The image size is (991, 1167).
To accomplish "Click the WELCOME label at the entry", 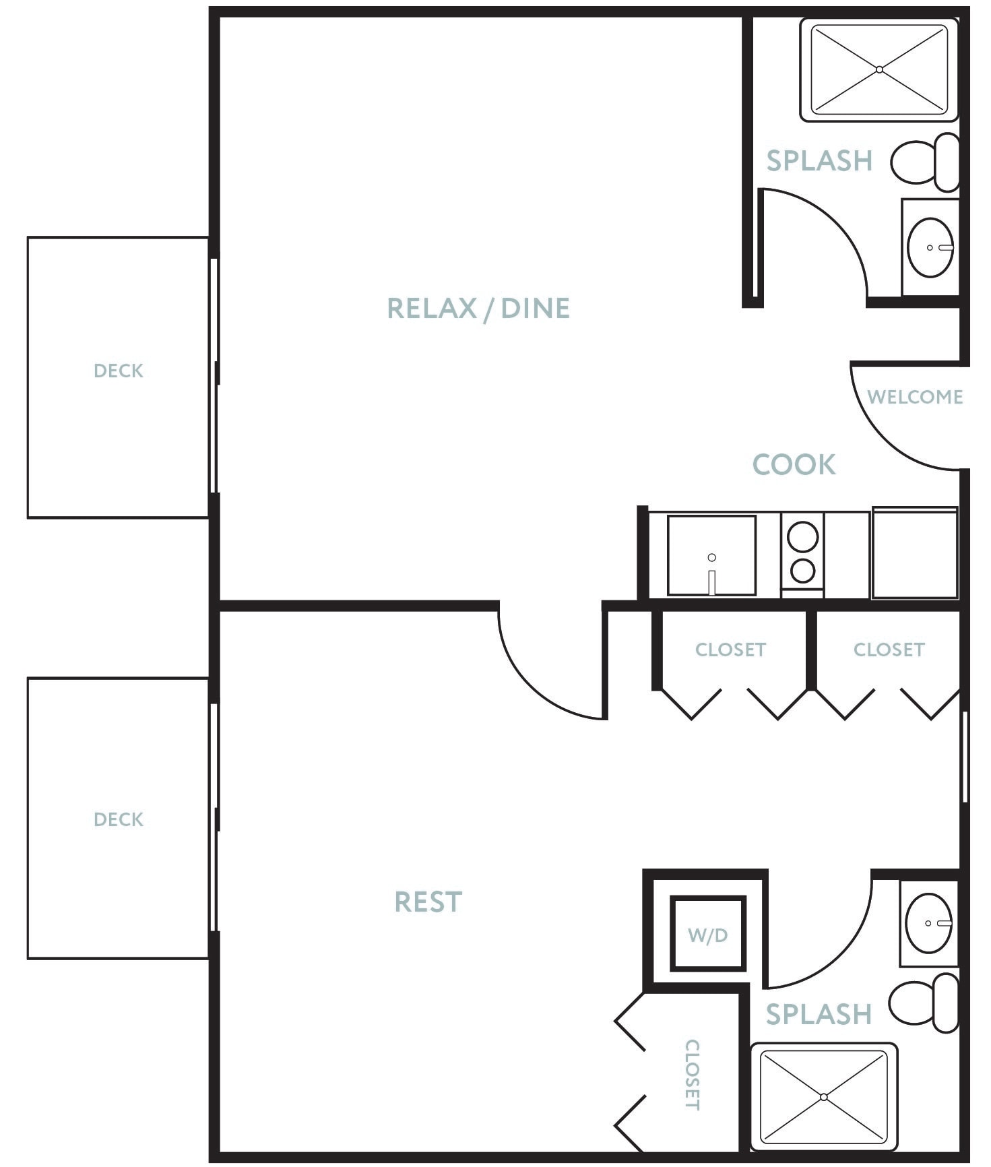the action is click(915, 397).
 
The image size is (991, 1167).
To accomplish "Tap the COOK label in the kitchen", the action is click(794, 465).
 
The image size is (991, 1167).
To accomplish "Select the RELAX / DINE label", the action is click(478, 309).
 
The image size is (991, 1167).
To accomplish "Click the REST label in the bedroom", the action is click(428, 902).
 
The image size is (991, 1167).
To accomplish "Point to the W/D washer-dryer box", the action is click(708, 935).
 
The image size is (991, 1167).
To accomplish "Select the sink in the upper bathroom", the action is click(930, 247).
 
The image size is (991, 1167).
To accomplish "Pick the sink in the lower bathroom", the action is click(929, 922).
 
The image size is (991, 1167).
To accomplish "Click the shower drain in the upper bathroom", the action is click(879, 69).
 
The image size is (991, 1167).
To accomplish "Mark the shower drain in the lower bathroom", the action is click(824, 1098).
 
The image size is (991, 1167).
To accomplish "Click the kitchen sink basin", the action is click(711, 555).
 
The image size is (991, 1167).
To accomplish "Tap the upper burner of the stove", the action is click(802, 537).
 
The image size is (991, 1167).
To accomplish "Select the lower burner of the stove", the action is click(802, 571).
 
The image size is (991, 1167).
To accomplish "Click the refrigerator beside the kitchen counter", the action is click(915, 553).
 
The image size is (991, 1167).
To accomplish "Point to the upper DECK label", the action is click(119, 371).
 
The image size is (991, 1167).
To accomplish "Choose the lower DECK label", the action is click(119, 819).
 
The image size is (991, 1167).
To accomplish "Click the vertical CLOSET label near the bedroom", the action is click(693, 1075).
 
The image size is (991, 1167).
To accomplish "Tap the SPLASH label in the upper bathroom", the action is click(819, 161).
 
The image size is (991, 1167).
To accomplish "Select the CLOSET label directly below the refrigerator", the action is click(889, 650).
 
